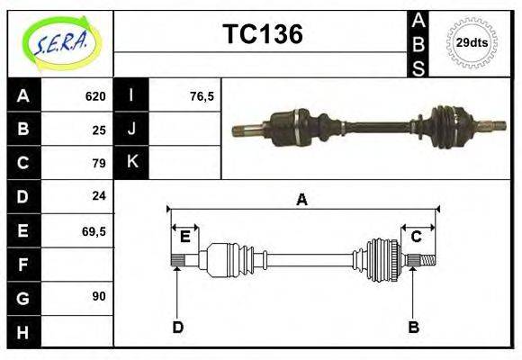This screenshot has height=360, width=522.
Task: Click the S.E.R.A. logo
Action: (x=59, y=42)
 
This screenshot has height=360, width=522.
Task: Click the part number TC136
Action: (x=262, y=34)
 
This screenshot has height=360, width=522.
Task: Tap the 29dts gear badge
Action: (x=472, y=42)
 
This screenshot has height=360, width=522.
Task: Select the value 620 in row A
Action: (x=95, y=96)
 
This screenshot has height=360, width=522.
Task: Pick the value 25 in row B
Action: (x=99, y=130)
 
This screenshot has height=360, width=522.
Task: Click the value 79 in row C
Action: (x=99, y=163)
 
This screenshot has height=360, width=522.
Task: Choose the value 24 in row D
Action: (x=99, y=195)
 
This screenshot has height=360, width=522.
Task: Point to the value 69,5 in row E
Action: (x=94, y=230)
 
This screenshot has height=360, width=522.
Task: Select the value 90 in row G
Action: (x=99, y=295)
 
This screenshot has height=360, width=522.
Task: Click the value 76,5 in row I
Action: (x=202, y=96)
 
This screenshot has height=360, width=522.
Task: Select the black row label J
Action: (x=131, y=130)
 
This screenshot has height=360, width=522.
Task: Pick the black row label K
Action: (x=131, y=163)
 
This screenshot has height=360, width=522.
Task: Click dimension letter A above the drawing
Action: (x=302, y=200)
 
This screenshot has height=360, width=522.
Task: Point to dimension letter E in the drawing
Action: (x=184, y=237)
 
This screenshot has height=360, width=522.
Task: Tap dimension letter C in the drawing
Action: (x=417, y=237)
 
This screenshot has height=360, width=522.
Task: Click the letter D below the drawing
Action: (x=177, y=327)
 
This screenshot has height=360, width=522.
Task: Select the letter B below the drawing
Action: (x=413, y=327)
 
